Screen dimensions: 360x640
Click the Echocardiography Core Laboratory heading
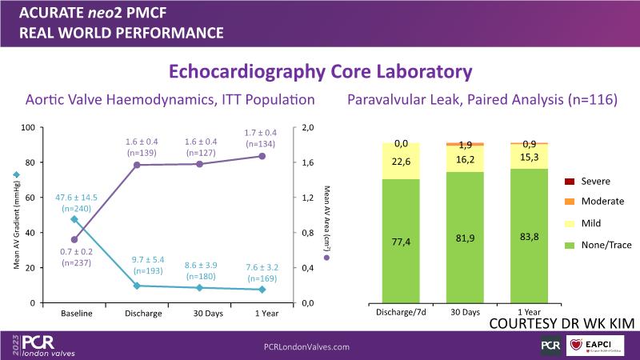coord(319,71)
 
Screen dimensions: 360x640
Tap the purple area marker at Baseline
coord(74,239)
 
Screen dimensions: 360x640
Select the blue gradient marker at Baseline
coord(74,219)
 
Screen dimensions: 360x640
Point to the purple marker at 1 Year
coord(262,156)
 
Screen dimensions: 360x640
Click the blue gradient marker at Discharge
coord(137,286)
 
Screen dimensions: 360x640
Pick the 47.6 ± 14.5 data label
coord(76,201)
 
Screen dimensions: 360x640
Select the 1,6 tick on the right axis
coord(307,162)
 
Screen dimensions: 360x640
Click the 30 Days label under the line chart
coord(199,314)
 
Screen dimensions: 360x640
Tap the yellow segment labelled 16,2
coord(464,159)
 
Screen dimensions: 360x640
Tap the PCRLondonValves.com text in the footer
coord(306,346)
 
